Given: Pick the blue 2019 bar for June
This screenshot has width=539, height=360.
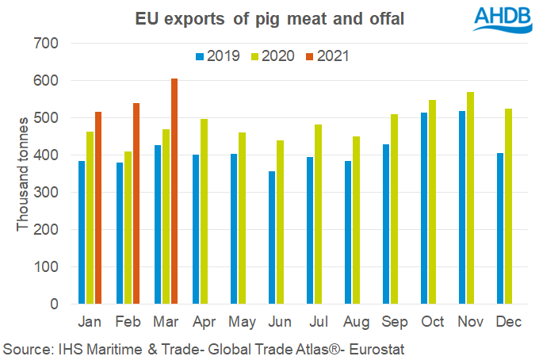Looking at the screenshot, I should coord(272,237).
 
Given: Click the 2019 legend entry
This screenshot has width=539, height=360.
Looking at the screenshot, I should coord(218,56).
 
